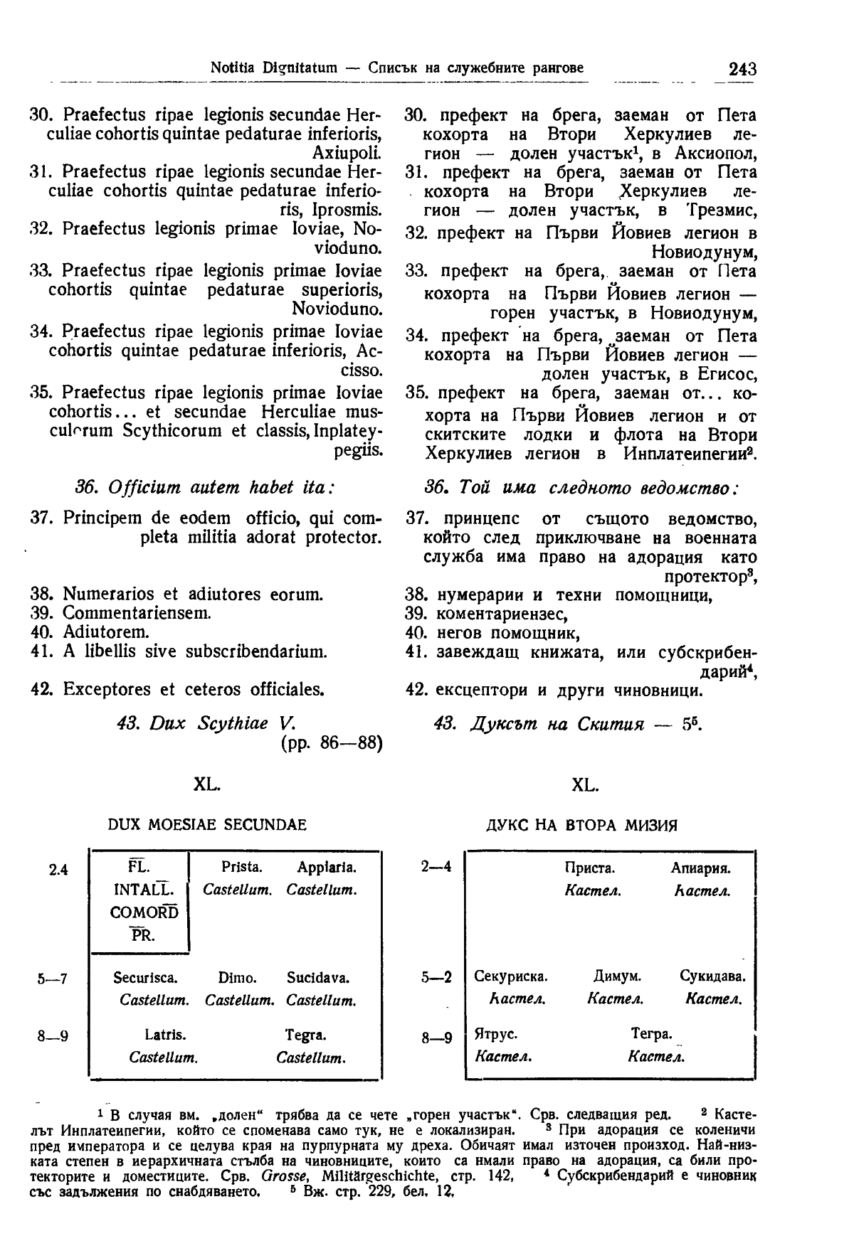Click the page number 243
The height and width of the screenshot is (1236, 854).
pos(742,70)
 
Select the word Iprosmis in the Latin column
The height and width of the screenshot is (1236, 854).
pos(347,210)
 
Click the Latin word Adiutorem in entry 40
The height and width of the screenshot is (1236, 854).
pos(106,632)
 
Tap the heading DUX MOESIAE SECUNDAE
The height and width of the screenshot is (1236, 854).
pos(206,826)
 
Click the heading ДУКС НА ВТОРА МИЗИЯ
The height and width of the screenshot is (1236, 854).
pos(581,826)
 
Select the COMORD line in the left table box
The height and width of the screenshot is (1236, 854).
pos(144,912)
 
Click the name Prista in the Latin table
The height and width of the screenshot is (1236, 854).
pos(242,868)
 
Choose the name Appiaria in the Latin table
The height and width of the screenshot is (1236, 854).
pos(327,868)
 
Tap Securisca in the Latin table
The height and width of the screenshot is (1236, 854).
pos(145,978)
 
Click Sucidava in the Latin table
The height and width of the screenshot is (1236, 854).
pos(318,978)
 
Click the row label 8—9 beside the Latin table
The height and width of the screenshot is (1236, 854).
pos(53,1036)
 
